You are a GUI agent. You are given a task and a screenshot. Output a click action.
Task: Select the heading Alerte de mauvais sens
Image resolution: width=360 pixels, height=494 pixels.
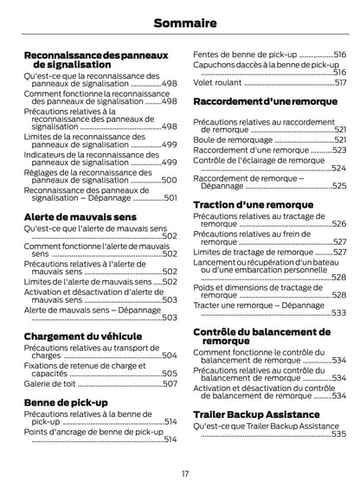(x=80, y=215)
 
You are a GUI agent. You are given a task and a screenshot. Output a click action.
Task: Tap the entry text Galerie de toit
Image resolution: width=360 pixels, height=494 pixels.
(x=50, y=382)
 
